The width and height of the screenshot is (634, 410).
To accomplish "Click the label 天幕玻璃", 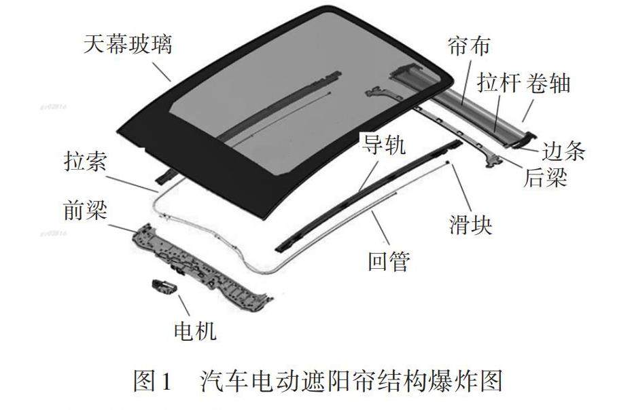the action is [128, 45].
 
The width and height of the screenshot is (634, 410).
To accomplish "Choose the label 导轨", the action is [382, 145].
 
